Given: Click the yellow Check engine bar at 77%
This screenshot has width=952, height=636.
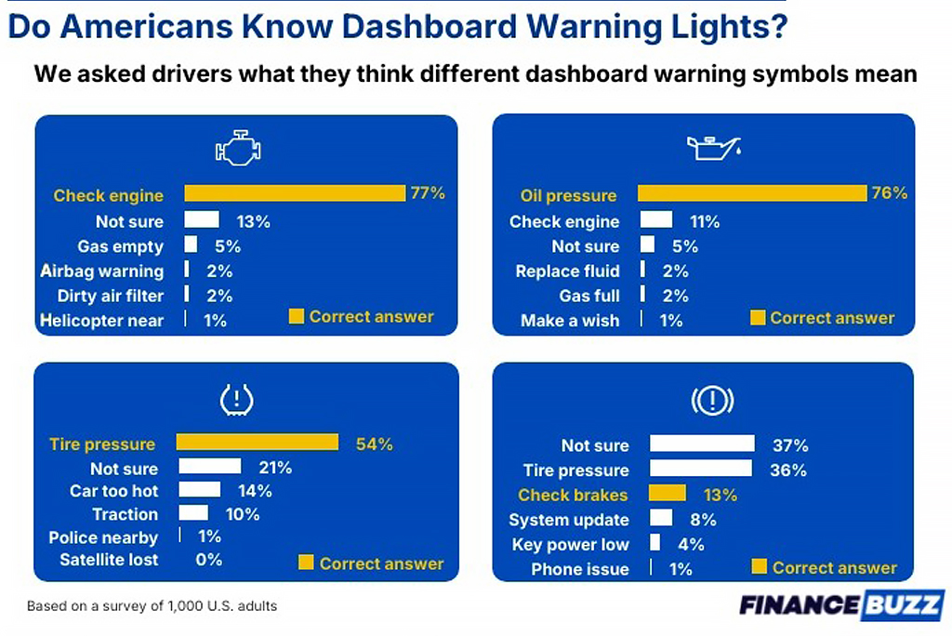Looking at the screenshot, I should (295, 193).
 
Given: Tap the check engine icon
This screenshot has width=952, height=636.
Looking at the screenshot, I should (238, 149).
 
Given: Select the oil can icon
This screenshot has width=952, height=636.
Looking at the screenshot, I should (713, 148).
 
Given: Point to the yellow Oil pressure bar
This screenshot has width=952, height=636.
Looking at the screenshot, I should (751, 193).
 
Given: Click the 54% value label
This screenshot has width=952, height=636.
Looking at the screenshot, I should (374, 444).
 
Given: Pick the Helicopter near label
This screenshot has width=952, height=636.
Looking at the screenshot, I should (102, 321).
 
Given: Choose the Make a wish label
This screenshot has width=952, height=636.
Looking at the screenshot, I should (570, 321).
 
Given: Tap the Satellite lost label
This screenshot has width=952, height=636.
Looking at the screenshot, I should (109, 560).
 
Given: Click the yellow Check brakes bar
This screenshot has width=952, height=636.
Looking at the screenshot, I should (667, 495).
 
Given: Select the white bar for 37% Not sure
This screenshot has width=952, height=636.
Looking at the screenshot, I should (702, 444).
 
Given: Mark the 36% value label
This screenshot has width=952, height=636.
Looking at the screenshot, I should (787, 470).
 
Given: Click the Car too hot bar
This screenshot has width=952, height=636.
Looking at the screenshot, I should (199, 490).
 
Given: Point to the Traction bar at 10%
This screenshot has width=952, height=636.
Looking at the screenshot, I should (193, 513).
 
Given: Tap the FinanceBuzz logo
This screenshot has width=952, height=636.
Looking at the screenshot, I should (841, 604).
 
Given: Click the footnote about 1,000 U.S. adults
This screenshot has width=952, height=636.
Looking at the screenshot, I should (152, 606).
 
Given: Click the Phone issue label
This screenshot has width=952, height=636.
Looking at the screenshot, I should (580, 569).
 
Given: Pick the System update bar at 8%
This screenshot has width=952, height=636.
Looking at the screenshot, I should (661, 519).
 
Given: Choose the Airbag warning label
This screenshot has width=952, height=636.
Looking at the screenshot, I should (102, 272).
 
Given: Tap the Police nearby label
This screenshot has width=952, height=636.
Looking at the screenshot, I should (103, 537).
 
